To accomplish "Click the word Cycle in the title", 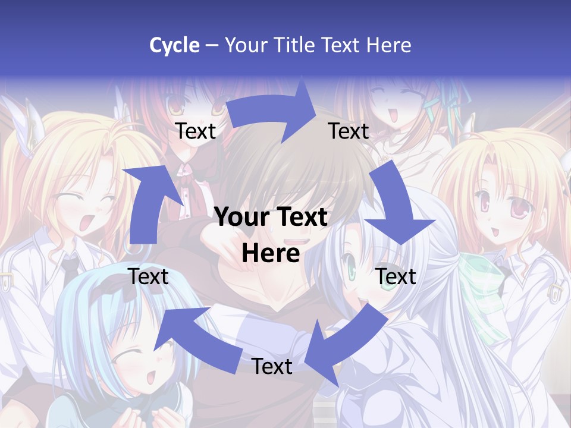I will click(x=174, y=45).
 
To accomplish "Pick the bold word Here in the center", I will click(x=271, y=254).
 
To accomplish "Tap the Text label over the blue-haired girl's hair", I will click(x=149, y=276).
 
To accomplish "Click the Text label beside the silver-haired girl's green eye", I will click(x=396, y=276).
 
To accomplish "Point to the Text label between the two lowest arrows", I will click(x=272, y=366).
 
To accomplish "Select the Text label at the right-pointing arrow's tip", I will click(x=349, y=131).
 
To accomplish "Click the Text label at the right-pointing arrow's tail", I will click(x=196, y=131).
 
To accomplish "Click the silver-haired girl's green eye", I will click(x=352, y=273).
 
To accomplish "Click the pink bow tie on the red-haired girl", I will click(x=187, y=173).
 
